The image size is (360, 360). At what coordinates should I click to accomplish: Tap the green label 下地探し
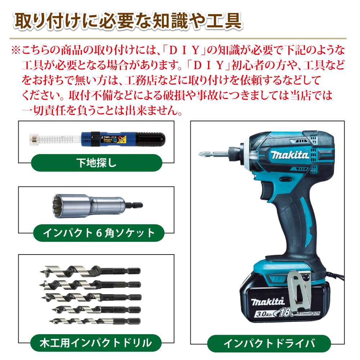[x=96, y=163]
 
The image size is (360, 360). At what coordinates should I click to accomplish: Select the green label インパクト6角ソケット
[x=99, y=233]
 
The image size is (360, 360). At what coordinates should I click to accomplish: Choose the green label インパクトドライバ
[x=269, y=343]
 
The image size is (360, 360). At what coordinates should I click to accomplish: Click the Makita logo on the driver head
[x=290, y=155]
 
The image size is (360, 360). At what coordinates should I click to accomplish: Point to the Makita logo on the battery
[x=268, y=301]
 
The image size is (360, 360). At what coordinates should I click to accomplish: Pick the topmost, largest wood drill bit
[x=90, y=271]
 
